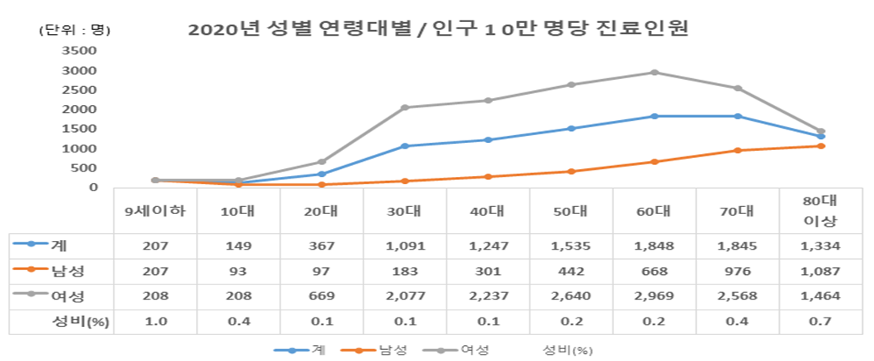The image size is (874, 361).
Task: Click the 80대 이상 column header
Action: [x=819, y=210]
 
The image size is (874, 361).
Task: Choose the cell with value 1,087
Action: [x=819, y=271]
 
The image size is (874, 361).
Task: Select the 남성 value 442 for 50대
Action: [x=571, y=271]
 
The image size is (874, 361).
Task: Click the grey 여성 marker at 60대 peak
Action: [x=654, y=73]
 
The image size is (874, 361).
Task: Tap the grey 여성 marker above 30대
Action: [x=405, y=107]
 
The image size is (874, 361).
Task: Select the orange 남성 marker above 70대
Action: [x=737, y=150]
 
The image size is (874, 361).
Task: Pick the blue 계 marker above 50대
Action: [x=571, y=128]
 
